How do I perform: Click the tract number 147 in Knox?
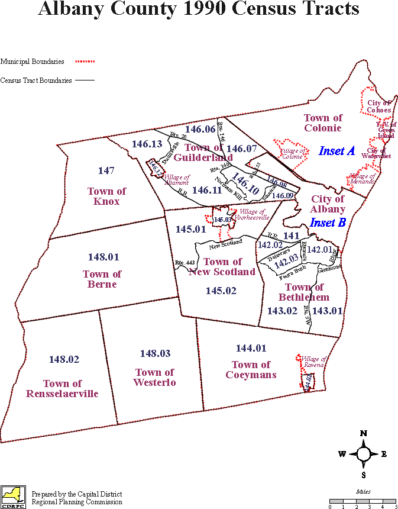coord(106,171)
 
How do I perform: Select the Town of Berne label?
coord(102,279)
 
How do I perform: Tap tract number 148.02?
coord(64,359)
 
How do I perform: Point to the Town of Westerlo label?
coord(155,378)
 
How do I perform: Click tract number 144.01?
coord(251,348)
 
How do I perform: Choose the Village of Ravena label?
coord(313,362)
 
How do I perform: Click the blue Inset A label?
coord(336,151)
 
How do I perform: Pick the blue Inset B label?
coord(327,223)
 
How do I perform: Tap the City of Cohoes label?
coord(378,107)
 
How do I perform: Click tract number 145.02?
coord(221,291)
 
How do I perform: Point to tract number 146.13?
coord(147,144)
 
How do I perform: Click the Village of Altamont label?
coord(177,180)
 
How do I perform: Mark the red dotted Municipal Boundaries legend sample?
coord(85,61)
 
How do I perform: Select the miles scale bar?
coord(363,501)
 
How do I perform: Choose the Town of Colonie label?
coord(323,123)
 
